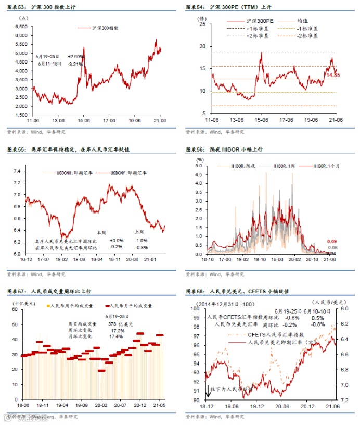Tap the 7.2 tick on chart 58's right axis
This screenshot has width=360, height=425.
coord(344,400)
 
